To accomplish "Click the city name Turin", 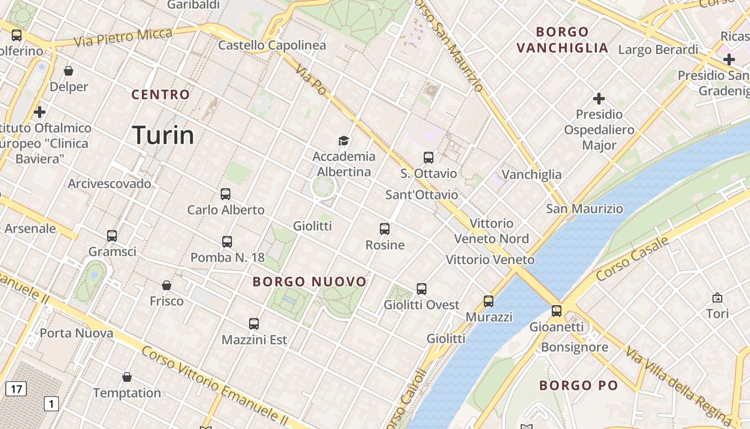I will [x=163, y=135].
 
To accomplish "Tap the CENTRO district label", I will [x=161, y=95].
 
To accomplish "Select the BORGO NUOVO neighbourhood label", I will [x=310, y=282].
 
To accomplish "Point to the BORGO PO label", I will [x=579, y=385].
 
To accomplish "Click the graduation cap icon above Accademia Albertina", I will [x=343, y=140].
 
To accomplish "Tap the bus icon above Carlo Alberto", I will [x=226, y=194].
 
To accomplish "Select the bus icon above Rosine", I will [x=385, y=229].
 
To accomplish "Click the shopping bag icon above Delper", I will [x=69, y=71].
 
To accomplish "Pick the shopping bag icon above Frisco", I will [x=167, y=285].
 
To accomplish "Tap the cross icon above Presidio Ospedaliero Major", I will [x=599, y=99].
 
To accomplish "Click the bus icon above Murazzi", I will [x=489, y=301].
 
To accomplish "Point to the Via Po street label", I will [x=311, y=80].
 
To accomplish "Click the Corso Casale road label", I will [x=632, y=258].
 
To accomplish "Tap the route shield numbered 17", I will [x=16, y=389].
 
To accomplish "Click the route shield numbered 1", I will [x=51, y=403].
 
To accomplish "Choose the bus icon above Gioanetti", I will [x=557, y=310].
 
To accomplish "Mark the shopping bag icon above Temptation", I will [x=127, y=377].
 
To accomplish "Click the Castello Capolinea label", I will [x=272, y=46].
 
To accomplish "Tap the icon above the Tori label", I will [x=717, y=298].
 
